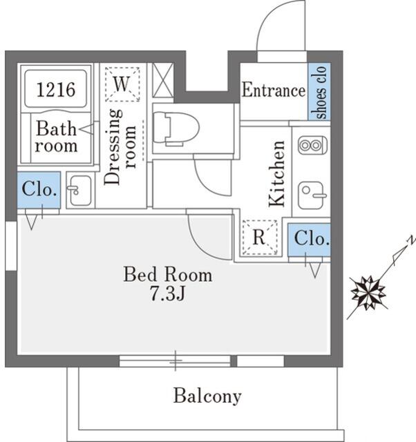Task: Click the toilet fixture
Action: [176, 128]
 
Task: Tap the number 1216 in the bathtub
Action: [56, 90]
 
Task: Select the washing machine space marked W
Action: [122, 84]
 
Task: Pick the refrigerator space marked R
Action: [259, 238]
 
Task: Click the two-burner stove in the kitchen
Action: [313, 145]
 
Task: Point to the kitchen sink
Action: [312, 195]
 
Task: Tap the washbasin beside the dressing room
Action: [80, 191]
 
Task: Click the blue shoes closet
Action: [319, 91]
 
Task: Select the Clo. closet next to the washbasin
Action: [39, 190]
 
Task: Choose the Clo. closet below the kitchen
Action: [309, 240]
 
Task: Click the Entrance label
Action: [274, 90]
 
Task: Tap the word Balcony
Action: [207, 396]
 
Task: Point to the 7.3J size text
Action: [167, 294]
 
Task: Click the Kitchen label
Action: [276, 173]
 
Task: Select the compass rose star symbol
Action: [368, 293]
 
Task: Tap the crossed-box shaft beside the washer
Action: [162, 80]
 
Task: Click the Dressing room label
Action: [120, 146]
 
